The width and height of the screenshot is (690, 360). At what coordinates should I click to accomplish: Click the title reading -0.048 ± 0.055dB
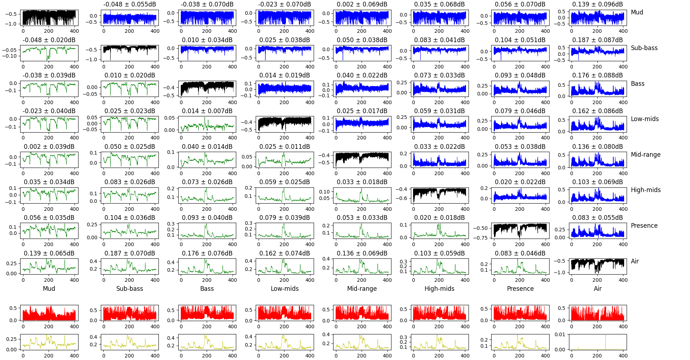(x=130, y=4)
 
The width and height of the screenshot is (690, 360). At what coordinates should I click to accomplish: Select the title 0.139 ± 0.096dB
(x=597, y=4)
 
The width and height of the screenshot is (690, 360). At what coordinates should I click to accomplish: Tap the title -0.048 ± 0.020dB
(x=49, y=40)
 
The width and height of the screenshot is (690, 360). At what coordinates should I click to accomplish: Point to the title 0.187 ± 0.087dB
(x=597, y=40)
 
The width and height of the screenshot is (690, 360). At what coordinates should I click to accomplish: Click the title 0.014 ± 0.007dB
(x=207, y=111)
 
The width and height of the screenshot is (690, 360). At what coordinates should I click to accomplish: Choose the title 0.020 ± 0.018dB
(x=439, y=218)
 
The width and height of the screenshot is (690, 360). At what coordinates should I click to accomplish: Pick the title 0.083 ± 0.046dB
(x=520, y=253)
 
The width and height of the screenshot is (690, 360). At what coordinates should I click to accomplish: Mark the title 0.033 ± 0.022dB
(x=439, y=147)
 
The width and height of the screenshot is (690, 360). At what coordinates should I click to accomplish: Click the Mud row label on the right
(x=637, y=12)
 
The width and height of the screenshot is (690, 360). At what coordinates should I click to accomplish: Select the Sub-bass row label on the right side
(x=644, y=48)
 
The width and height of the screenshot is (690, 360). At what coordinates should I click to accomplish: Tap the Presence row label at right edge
(x=644, y=226)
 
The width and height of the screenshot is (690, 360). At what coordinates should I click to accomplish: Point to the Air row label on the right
(x=635, y=261)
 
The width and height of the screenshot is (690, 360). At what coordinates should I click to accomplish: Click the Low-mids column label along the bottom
(x=284, y=289)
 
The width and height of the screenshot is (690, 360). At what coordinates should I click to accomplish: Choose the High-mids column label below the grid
(x=439, y=289)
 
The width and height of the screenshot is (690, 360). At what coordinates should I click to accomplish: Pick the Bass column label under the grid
(x=207, y=289)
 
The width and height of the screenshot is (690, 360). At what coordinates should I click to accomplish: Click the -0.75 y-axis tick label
(x=480, y=238)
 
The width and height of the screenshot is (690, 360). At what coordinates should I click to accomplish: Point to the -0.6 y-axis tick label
(x=403, y=198)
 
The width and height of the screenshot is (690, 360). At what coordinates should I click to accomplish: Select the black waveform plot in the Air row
(x=598, y=266)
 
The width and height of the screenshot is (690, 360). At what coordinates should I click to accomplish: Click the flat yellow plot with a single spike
(x=598, y=342)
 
